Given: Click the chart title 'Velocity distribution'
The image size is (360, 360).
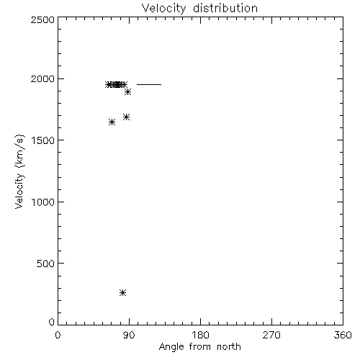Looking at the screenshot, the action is [x=199, y=9].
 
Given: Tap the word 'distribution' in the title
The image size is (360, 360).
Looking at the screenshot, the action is [x=225, y=8].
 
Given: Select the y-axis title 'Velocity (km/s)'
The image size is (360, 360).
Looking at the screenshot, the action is [x=19, y=171].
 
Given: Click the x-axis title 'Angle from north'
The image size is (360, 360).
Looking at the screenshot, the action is [x=199, y=347].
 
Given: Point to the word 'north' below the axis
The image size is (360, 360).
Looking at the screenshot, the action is [x=229, y=347].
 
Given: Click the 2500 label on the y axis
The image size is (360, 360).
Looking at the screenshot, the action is [x=42, y=19].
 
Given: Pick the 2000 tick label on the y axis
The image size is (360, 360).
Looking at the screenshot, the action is [x=42, y=78].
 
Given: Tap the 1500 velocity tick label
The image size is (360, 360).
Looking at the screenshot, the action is [x=43, y=140].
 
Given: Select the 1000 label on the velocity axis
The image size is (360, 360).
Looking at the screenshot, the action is [x=43, y=202].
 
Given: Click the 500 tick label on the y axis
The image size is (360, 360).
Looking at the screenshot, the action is [x=46, y=264].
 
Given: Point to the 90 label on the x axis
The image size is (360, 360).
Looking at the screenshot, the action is [x=129, y=335].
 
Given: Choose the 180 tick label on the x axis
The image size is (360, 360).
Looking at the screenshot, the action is [x=200, y=335].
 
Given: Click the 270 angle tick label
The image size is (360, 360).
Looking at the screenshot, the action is [x=271, y=335].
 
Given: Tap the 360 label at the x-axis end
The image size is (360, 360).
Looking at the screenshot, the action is [x=343, y=335].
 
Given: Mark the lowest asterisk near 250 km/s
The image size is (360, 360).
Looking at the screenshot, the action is [x=122, y=292].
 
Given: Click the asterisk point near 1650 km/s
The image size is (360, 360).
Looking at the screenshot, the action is [x=112, y=122].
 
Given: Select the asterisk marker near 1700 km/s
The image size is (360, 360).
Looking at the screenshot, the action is [x=127, y=117].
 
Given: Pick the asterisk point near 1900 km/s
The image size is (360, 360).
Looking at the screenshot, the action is [x=128, y=91].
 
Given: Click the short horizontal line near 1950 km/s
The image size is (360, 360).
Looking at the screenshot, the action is [x=149, y=84].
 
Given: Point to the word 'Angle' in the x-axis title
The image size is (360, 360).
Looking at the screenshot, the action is [x=171, y=347].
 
